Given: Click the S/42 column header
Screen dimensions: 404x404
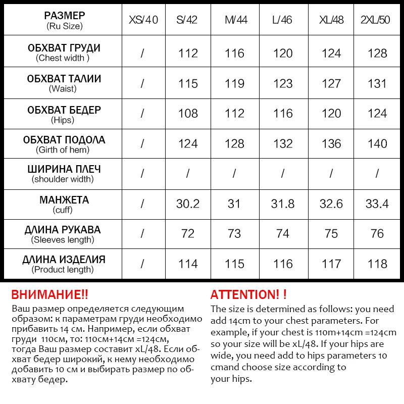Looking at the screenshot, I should pos(187,20).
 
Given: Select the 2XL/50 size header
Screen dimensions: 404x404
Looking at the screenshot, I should pos(377,20).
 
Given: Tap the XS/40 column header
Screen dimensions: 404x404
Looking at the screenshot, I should pos(143,20).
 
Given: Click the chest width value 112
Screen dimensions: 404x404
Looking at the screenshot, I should pos(188,53).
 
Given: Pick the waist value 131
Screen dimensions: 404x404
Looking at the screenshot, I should pos(377,83).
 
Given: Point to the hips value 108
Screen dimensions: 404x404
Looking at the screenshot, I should pos(188,113).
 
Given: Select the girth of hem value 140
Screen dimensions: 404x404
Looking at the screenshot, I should pos(377,143).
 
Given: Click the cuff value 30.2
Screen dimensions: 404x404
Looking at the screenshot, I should pos(188,204).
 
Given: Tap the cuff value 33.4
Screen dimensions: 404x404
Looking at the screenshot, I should pos(377,204).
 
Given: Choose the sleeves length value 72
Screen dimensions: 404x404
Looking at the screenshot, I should pos(188,234).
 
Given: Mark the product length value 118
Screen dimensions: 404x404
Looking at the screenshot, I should pos(377,264).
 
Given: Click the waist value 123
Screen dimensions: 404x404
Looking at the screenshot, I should pos(283,83).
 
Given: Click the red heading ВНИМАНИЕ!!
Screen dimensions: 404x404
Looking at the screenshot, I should pos(49,294).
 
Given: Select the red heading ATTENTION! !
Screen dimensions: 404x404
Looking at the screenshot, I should pos(248,294).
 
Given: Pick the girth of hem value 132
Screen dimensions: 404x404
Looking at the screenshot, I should pos(283,143).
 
